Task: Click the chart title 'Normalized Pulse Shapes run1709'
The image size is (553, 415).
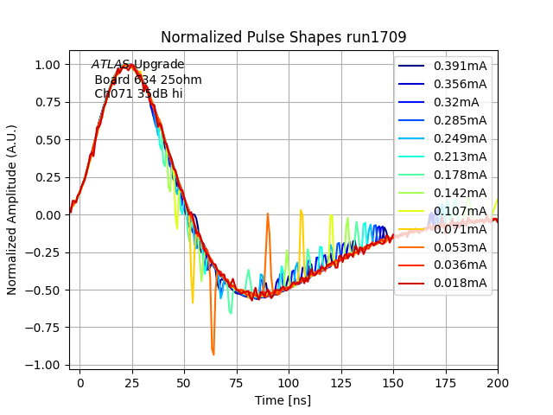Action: (283, 38)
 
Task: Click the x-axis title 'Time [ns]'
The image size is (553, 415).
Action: (283, 400)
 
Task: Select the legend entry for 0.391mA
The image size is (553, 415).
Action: (460, 66)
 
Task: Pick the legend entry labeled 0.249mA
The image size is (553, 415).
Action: (460, 138)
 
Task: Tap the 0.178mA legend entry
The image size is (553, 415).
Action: (460, 175)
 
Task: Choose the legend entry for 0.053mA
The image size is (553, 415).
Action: (460, 246)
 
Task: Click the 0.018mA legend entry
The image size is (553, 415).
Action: (460, 283)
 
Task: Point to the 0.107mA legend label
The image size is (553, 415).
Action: (460, 211)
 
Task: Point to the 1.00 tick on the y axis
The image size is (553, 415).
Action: (47, 65)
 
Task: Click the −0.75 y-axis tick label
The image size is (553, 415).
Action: (43, 328)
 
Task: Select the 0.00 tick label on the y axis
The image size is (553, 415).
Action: (47, 215)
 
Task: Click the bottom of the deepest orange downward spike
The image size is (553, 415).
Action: (213, 354)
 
